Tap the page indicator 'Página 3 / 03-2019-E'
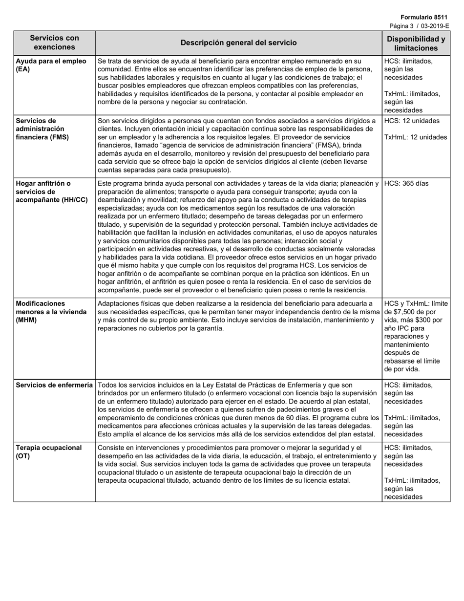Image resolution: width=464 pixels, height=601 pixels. coord(419,26)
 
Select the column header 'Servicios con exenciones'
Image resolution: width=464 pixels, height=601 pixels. coord(54,43)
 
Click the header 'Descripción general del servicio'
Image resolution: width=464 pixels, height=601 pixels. coord(238,43)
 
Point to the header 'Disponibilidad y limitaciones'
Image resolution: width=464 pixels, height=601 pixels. coord(416,43)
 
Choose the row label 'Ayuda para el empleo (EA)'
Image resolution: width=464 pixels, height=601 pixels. coord(51,65)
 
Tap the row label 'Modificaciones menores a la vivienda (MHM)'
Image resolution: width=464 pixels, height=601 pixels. coord(51,312)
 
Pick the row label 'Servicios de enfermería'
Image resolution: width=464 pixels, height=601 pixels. coord(54,385)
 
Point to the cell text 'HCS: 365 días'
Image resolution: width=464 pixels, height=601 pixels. coord(406,184)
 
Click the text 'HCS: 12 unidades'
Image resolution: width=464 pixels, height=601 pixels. coord(412,121)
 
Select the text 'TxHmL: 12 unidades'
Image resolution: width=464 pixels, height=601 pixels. coord(415,137)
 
